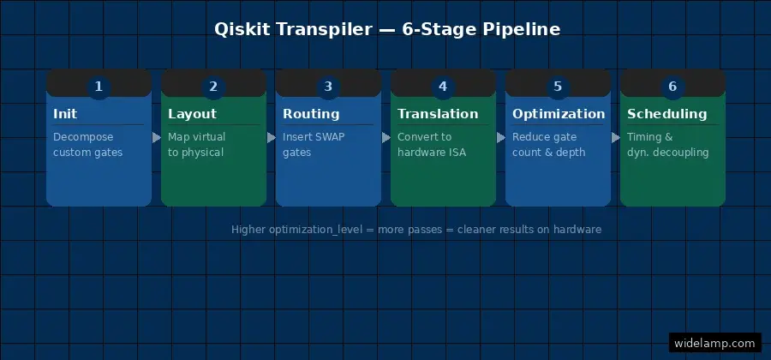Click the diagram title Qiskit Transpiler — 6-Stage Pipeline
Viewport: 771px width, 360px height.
(x=386, y=29)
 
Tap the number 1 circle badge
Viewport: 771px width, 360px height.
(x=99, y=87)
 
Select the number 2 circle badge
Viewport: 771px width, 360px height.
(x=213, y=87)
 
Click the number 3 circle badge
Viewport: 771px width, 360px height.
(x=328, y=87)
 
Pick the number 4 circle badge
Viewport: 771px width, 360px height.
(x=443, y=87)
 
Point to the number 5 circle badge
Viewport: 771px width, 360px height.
(x=558, y=87)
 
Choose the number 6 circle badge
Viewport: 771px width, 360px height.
(x=672, y=87)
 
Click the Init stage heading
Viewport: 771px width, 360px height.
(x=65, y=114)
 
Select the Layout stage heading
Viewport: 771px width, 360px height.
(x=192, y=114)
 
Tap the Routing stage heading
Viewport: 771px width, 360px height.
(x=311, y=114)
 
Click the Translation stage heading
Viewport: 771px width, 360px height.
(x=438, y=114)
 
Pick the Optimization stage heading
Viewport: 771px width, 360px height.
(x=559, y=114)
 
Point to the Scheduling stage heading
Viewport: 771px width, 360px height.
(x=666, y=114)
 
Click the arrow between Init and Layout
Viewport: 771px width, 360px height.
(x=157, y=137)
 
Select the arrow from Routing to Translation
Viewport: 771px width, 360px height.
(x=386, y=137)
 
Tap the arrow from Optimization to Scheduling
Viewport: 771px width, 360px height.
(x=616, y=137)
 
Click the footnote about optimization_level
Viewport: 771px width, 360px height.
(x=416, y=230)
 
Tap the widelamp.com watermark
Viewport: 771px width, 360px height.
(x=714, y=344)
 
